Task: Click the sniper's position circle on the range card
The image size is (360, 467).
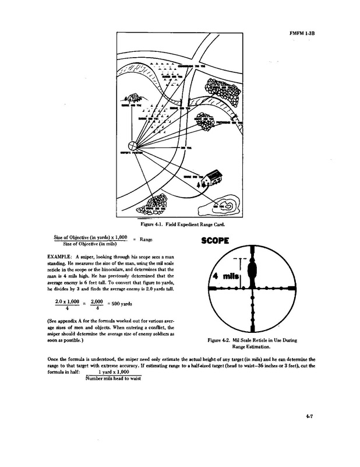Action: click(x=133, y=146)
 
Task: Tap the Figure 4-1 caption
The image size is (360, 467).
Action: click(x=182, y=224)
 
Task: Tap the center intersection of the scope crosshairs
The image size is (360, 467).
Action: click(x=252, y=288)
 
